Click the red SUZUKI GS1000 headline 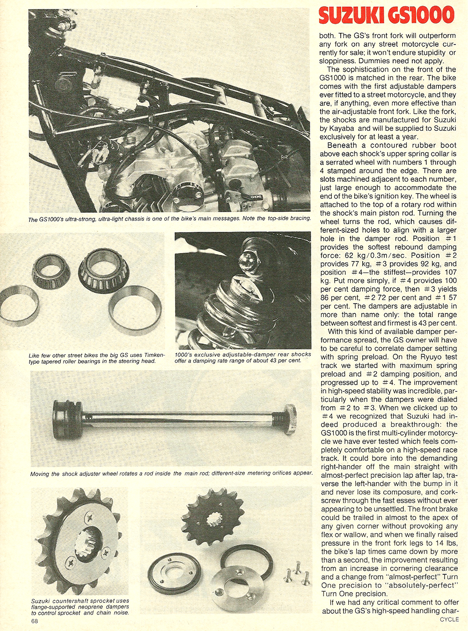coord(386,15)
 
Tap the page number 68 coord(35,621)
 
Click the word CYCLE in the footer coord(449,619)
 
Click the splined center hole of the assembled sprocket coord(86,542)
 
